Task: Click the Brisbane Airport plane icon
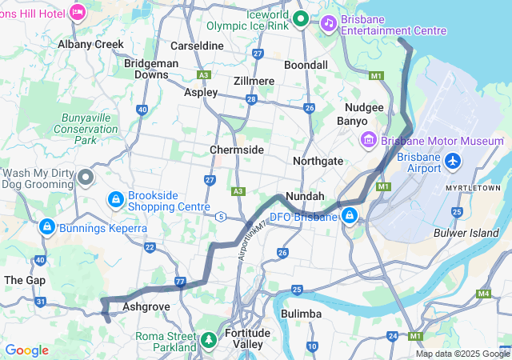coord(453,162)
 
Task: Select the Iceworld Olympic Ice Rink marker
coord(301,18)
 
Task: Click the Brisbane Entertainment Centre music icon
coord(328,23)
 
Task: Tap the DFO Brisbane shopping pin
coord(350,216)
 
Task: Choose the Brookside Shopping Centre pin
coord(116,198)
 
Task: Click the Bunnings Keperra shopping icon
coord(47,228)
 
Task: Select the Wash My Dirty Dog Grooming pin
coord(86,176)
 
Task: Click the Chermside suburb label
coord(236,150)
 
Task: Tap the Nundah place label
coord(305,196)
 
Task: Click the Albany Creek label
coord(90,45)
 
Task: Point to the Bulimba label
coord(301,314)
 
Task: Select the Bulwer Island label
coord(466,233)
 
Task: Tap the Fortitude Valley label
coord(248,338)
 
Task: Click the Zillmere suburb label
coord(254,81)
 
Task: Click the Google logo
coord(26,350)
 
